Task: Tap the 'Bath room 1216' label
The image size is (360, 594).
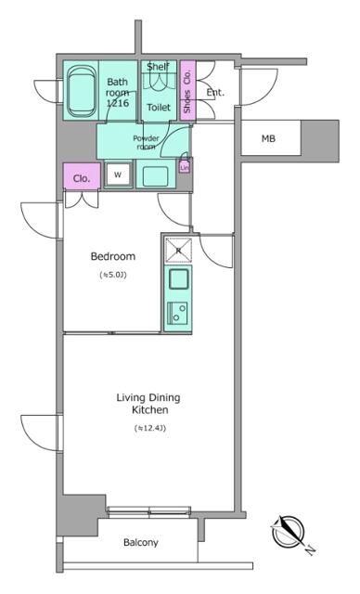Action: (x=117, y=94)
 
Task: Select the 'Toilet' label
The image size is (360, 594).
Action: (x=159, y=108)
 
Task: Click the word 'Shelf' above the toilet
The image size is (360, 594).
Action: (x=158, y=66)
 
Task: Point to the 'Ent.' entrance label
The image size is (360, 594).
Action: (x=215, y=92)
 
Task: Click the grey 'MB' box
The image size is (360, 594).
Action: (x=268, y=139)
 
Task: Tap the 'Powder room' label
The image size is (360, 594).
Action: (x=147, y=142)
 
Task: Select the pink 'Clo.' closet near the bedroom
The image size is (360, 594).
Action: (x=81, y=177)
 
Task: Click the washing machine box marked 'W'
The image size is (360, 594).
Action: (x=119, y=174)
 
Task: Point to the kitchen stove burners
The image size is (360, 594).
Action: (x=176, y=313)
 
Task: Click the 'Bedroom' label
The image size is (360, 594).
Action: (x=112, y=256)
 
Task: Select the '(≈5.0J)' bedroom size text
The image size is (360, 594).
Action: (x=112, y=275)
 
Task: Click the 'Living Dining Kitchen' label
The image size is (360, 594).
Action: (x=148, y=404)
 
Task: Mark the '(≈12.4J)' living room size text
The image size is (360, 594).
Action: (x=148, y=428)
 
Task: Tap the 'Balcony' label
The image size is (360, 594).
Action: (x=140, y=543)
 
